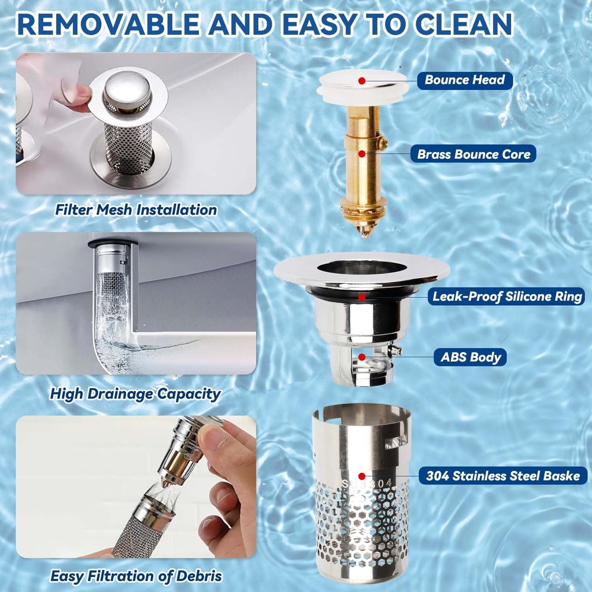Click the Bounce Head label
pyautogui.click(x=464, y=80)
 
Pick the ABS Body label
pyautogui.click(x=471, y=357)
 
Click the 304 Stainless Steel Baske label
pyautogui.click(x=502, y=476)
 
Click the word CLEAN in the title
pyautogui.click(x=457, y=24)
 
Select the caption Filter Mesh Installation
pyautogui.click(x=136, y=209)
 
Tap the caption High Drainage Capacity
pyautogui.click(x=135, y=394)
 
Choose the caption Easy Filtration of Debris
pyautogui.click(x=136, y=576)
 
